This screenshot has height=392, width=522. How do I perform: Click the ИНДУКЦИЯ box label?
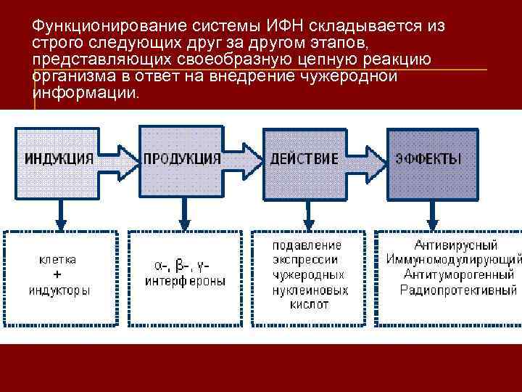click(x=59, y=158)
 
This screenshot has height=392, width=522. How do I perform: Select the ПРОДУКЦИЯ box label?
click(x=182, y=158)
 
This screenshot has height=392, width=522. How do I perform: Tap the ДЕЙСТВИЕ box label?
click(x=304, y=158)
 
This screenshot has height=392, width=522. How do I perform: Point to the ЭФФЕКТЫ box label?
click(x=428, y=158)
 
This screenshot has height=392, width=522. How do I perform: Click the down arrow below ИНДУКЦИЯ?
click(x=61, y=213)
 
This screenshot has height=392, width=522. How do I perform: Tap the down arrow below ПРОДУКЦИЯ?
click(x=184, y=213)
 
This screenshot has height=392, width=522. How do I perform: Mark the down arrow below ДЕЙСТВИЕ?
click(x=308, y=213)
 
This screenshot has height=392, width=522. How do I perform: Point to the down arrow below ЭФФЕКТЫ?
click(x=432, y=213)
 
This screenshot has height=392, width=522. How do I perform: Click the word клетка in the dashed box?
click(x=58, y=259)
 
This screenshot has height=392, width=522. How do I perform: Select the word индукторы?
click(x=59, y=290)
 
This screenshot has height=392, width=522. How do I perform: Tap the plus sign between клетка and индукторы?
click(x=58, y=274)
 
